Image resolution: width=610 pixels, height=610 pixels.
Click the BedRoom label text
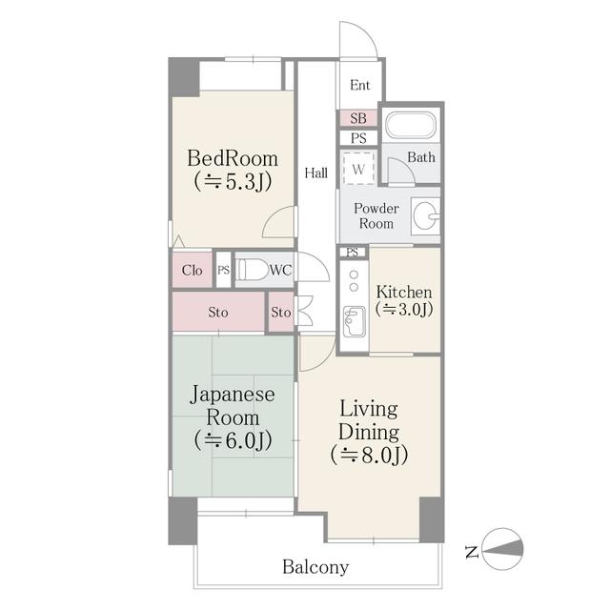click(233, 158)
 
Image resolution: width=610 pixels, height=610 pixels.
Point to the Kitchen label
click(404, 292)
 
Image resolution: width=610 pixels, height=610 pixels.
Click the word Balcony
click(315, 567)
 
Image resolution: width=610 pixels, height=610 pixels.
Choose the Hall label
click(316, 173)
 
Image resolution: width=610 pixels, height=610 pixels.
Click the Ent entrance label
click(359, 86)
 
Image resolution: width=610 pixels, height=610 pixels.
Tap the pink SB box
click(358, 118)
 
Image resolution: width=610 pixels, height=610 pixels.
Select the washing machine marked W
click(358, 170)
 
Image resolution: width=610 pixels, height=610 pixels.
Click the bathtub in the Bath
click(410, 128)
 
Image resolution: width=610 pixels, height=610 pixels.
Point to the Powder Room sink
click(428, 217)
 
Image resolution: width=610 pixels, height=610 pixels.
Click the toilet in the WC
click(252, 270)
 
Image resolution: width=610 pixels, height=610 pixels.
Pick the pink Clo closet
click(192, 270)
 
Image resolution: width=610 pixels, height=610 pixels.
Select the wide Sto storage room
click(217, 312)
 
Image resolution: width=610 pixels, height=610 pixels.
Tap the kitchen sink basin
click(354, 322)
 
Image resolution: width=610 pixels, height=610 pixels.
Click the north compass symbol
click(502, 549)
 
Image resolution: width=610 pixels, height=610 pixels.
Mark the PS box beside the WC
click(223, 270)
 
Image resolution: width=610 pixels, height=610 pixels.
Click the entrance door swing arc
click(359, 38)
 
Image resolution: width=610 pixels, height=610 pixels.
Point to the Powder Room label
click(376, 215)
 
